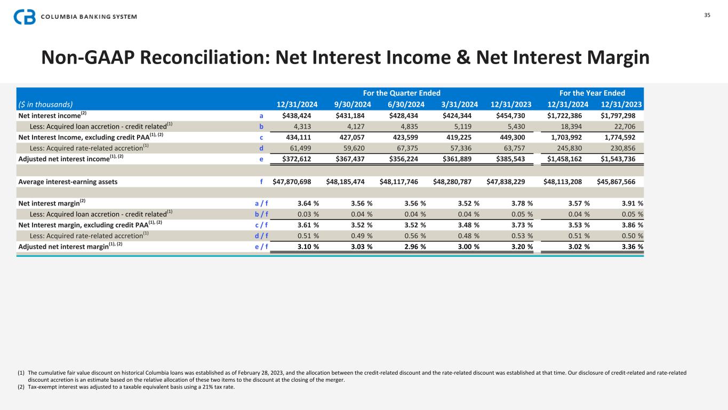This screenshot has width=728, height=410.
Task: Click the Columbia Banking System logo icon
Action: [25, 17]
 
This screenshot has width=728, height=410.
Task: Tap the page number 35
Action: [707, 15]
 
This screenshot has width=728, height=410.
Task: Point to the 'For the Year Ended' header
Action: [592, 93]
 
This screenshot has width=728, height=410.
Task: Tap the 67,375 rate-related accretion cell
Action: [411, 148]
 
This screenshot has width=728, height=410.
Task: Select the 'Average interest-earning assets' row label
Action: [68, 182]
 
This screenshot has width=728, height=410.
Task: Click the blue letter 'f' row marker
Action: [261, 182]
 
